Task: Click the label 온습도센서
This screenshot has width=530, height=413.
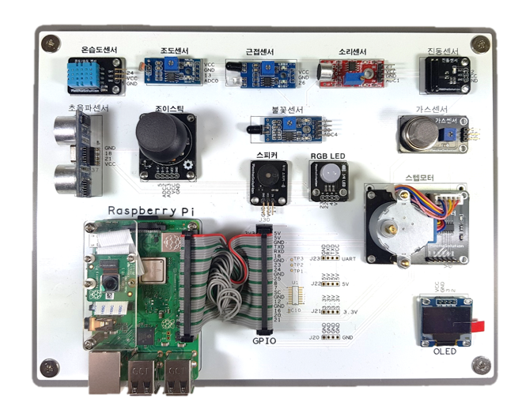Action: (x=93, y=51)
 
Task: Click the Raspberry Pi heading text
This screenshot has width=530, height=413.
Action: (x=150, y=211)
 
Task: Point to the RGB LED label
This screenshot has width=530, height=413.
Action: (x=328, y=156)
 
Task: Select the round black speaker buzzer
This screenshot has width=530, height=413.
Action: (x=264, y=176)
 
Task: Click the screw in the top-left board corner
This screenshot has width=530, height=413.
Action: (x=51, y=40)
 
